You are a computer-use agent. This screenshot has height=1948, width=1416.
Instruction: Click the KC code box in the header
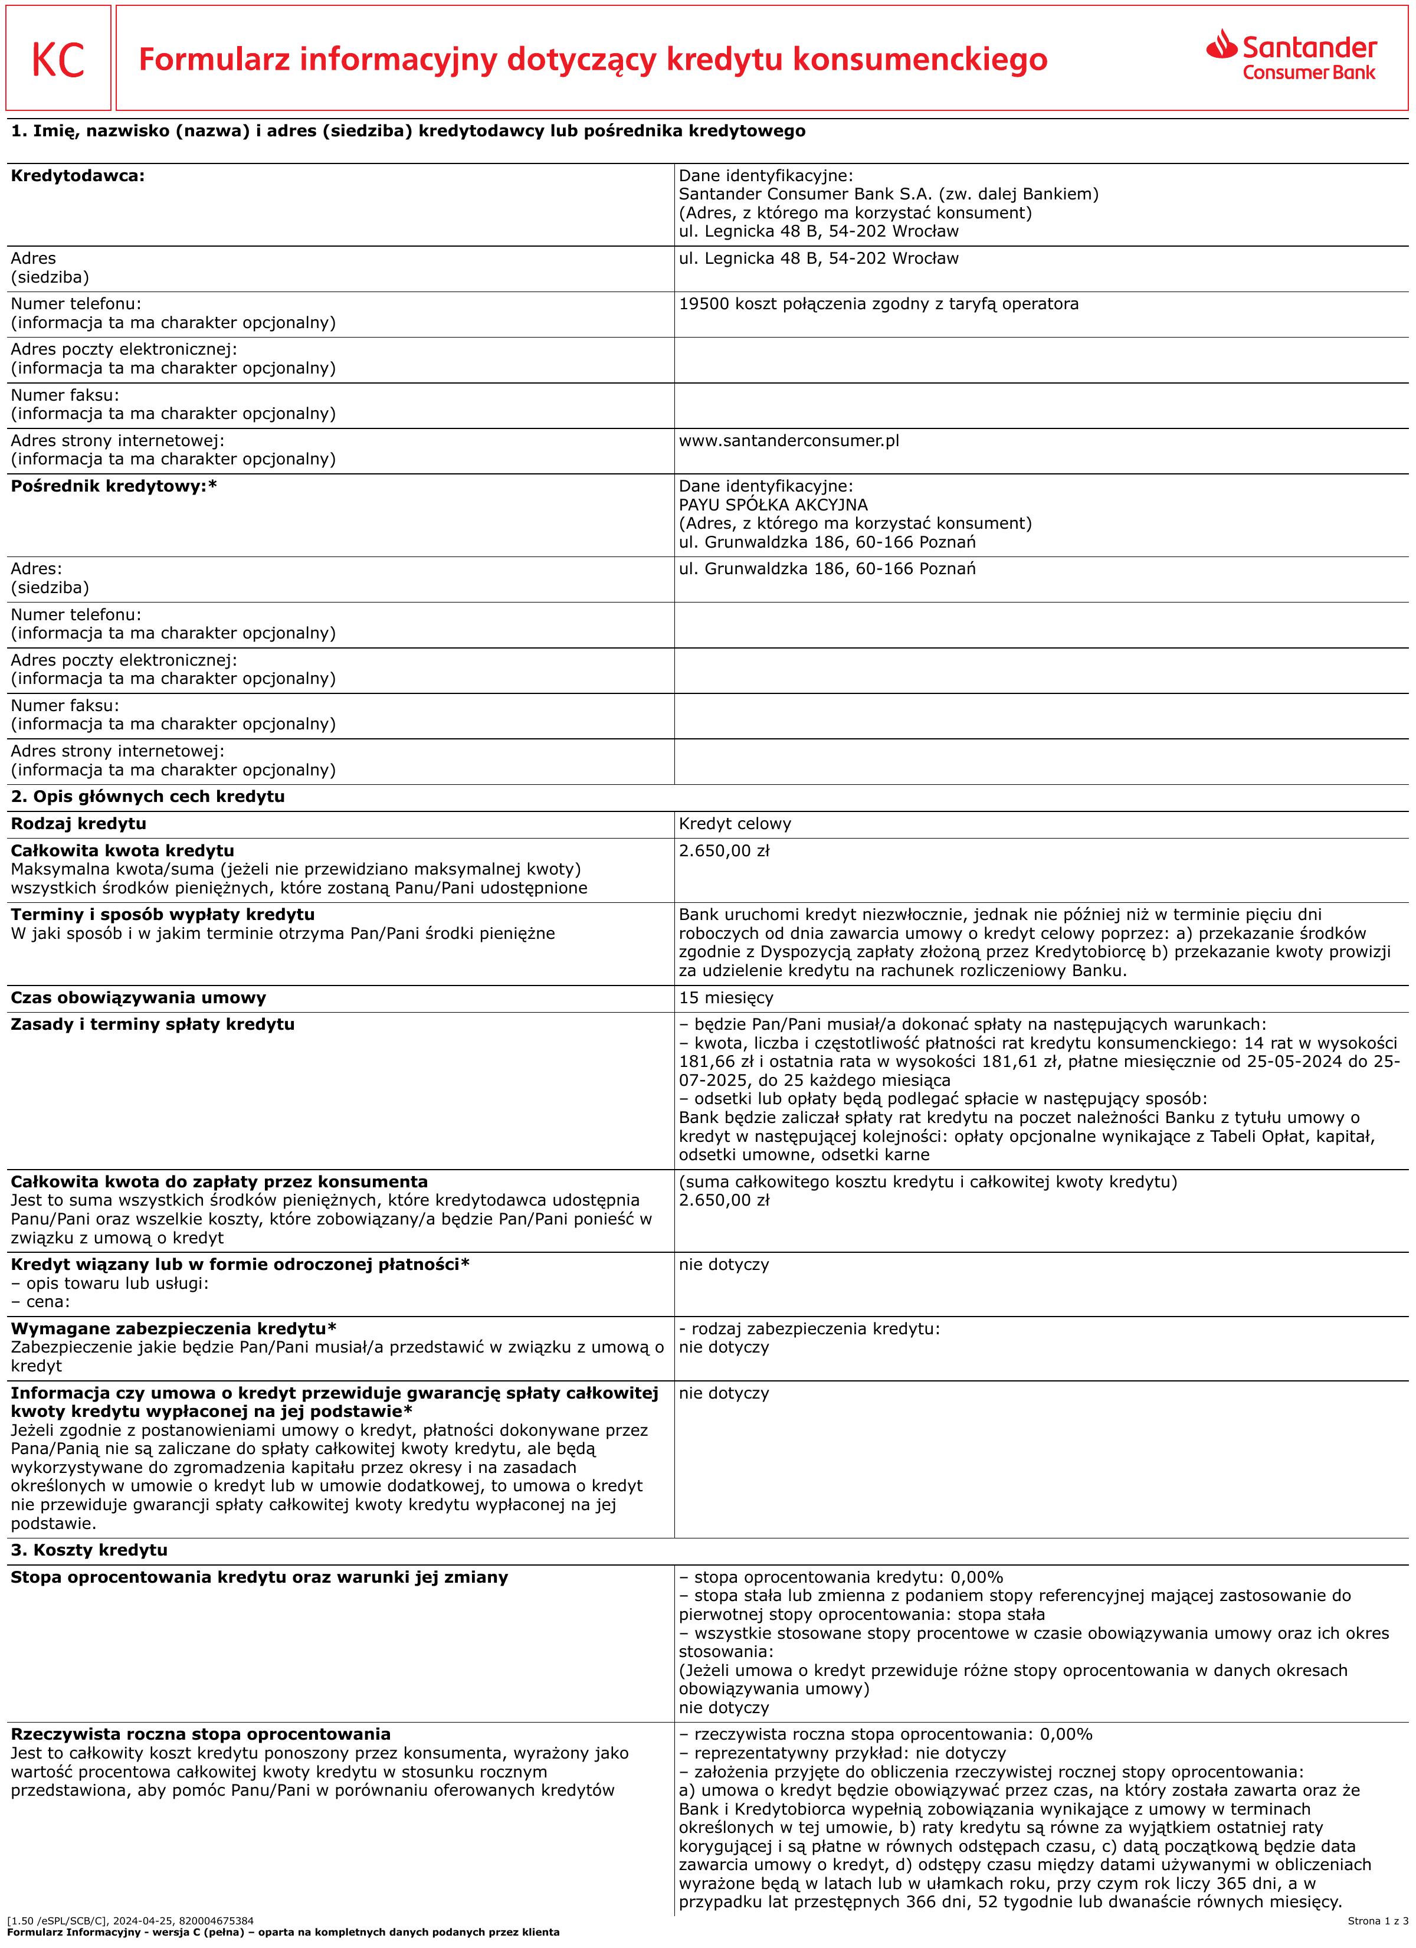click(x=58, y=58)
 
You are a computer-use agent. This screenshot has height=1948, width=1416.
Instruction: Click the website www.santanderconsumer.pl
click(x=788, y=441)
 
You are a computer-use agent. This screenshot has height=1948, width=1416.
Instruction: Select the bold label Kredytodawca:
click(x=77, y=176)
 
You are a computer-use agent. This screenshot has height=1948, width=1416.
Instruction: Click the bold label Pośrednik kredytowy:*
click(x=113, y=486)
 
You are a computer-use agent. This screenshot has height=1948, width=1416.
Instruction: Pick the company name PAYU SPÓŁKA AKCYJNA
click(x=773, y=505)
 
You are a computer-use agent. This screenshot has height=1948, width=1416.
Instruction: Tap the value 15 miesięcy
click(x=726, y=997)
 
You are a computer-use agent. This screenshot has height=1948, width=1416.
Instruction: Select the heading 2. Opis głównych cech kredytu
click(x=147, y=796)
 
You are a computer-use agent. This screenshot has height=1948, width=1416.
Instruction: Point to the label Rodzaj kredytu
click(x=78, y=824)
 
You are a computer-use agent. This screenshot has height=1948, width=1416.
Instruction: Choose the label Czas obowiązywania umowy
click(x=138, y=997)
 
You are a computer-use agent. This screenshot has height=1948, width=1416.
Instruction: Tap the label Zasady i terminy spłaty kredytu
click(x=152, y=1024)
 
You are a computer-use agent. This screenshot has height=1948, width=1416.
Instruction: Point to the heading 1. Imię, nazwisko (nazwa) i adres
click(x=408, y=132)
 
